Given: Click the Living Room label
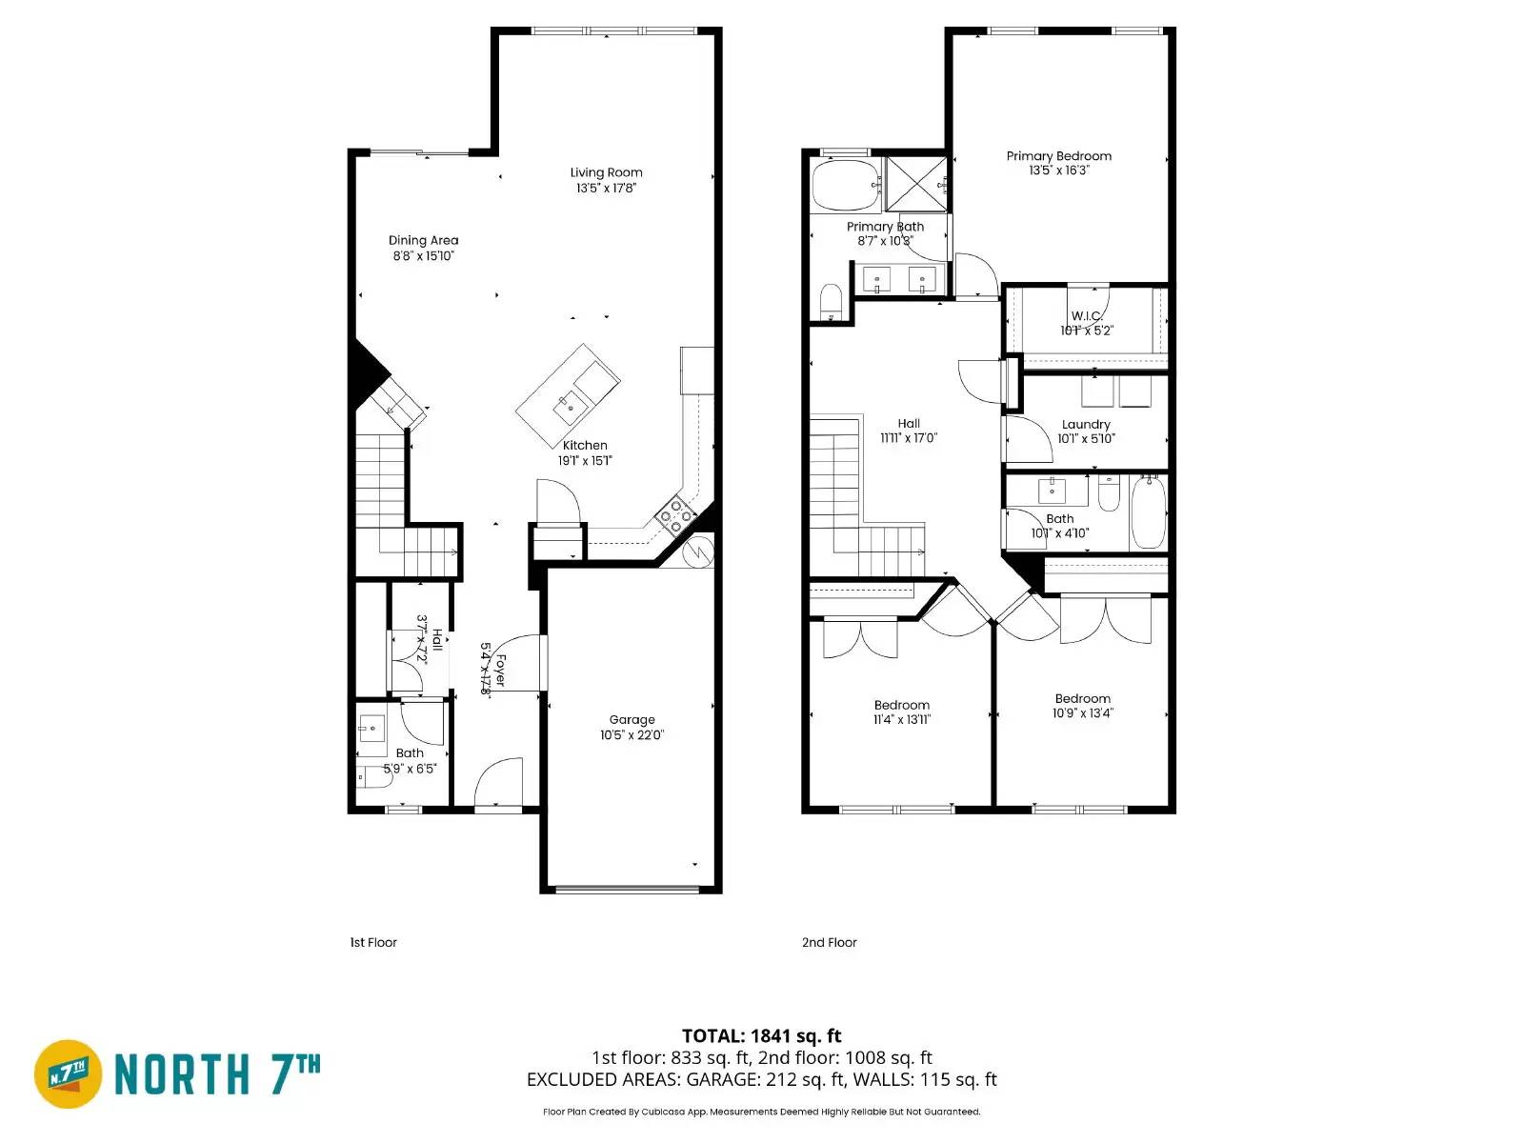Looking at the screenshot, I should (x=606, y=172).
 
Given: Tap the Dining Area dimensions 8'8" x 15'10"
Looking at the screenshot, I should (x=423, y=255).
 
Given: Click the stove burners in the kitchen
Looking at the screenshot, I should (x=677, y=515).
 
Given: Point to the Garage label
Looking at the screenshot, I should (x=632, y=720).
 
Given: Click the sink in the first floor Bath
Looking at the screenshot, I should (x=371, y=729).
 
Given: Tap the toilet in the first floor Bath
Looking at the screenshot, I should (x=373, y=778).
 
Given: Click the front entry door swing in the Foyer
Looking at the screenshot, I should (x=499, y=782).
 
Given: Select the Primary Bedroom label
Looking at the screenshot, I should (x=1058, y=156).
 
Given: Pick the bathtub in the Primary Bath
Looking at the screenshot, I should (x=845, y=185).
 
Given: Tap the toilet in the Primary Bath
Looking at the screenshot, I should (x=832, y=302).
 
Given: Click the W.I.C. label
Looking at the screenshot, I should (x=1086, y=315).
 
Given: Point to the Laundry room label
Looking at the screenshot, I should (x=1086, y=425).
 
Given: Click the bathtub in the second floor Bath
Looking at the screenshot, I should (x=1149, y=512).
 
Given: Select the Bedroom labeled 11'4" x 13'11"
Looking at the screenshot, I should (x=901, y=706).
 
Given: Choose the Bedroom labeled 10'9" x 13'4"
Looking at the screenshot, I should (x=1082, y=699).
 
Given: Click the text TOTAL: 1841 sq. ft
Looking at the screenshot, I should (x=761, y=1035).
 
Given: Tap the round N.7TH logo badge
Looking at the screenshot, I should (x=69, y=1073).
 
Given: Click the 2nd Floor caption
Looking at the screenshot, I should (x=829, y=942).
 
